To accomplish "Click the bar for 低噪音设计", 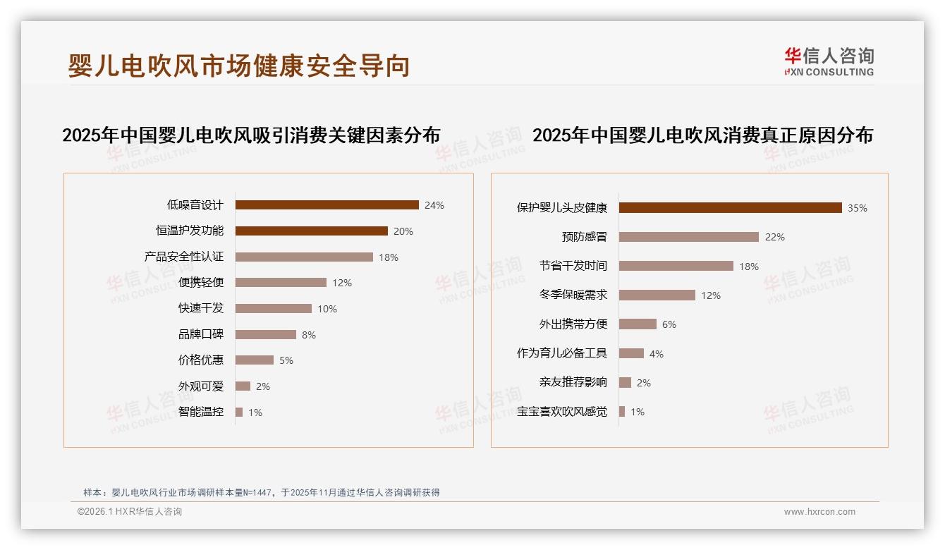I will coord(327,205).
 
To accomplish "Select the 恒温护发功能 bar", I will coord(311,231).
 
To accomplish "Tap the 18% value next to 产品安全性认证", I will coord(389,257).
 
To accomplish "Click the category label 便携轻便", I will coord(201,283).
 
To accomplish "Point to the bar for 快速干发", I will coord(273,309).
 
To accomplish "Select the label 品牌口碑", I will coord(201,334).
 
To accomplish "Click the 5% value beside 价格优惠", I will coord(286,360).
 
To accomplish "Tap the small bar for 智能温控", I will coord(239,412).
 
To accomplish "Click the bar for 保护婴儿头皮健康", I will coord(730,207).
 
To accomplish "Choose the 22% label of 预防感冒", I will coord(775,237).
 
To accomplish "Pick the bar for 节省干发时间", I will coord(676,266).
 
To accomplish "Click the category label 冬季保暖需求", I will coord(573,295).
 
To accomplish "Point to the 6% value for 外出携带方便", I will coord(669,324).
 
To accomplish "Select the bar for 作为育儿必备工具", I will coord(631,353).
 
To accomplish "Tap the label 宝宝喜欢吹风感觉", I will coord(562,412).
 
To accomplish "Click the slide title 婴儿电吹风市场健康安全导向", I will coord(238,66).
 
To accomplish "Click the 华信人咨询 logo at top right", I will coord(829,61).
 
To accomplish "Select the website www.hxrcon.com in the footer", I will coord(819,512).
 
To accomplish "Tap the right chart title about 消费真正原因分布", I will coord(702,135).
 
